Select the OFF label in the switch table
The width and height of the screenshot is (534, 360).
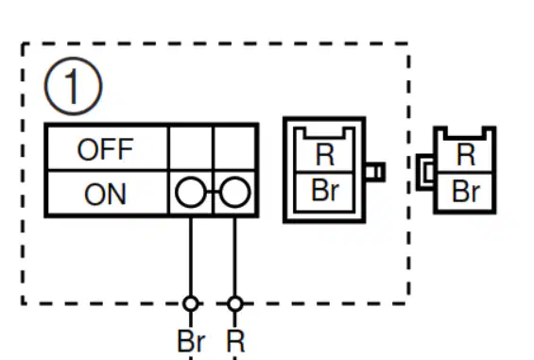(105, 149)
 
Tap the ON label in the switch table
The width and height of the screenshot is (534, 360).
(105, 194)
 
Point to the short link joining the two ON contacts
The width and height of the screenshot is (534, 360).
(213, 193)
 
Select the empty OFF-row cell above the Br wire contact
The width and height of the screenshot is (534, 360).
(191, 148)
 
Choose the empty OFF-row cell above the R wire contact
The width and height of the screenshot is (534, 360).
(234, 148)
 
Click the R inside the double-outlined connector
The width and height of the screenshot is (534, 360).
(324, 155)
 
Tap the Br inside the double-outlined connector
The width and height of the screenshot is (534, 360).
(325, 190)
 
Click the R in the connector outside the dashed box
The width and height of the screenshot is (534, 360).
(465, 154)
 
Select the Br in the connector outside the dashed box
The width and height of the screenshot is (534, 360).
(466, 192)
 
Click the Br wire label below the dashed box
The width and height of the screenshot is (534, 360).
(191, 341)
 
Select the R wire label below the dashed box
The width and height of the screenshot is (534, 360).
(235, 341)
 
